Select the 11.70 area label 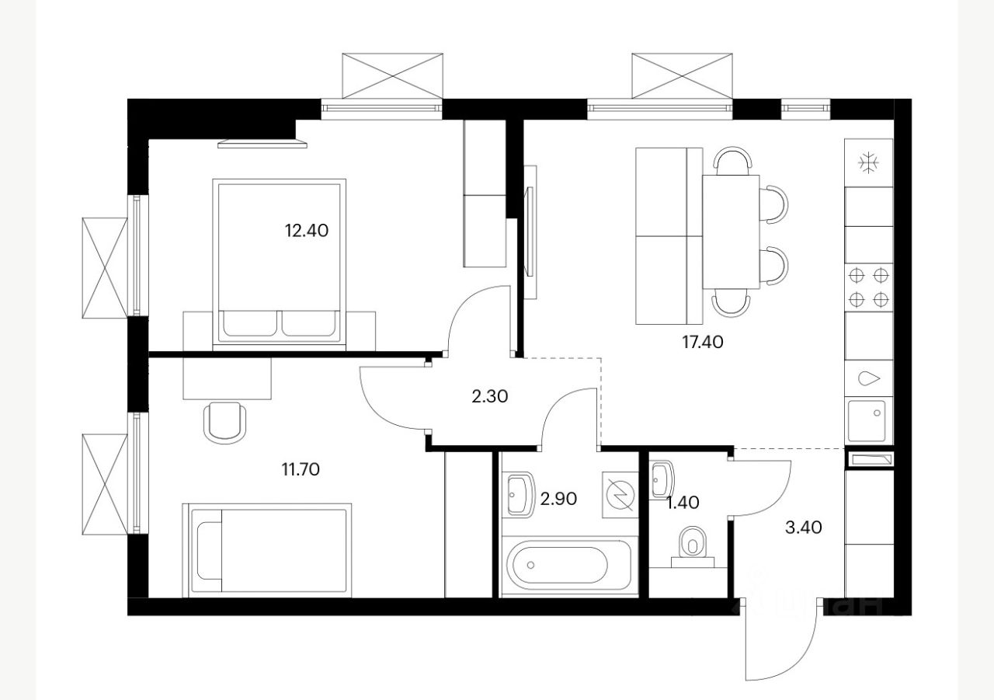click(301, 468)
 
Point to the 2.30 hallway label click(489, 396)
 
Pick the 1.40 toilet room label click(683, 503)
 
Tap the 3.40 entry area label click(803, 528)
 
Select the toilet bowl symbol click(690, 542)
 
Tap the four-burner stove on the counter click(868, 287)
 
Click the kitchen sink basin click(868, 420)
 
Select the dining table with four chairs click(731, 232)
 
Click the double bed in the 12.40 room click(280, 261)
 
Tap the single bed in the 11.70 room click(266, 551)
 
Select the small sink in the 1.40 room click(661, 479)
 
